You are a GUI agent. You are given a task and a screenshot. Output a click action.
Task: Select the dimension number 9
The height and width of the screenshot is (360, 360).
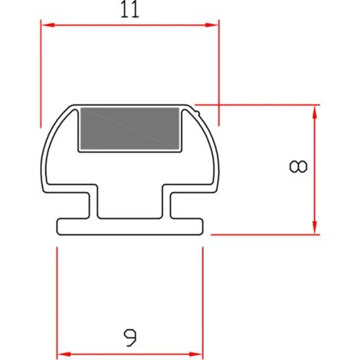pyautogui.click(x=130, y=334)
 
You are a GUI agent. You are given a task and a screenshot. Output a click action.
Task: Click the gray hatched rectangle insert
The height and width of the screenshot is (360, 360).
pyautogui.click(x=130, y=129)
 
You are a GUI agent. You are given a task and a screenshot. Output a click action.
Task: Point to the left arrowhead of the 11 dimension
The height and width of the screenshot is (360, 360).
pyautogui.click(x=45, y=25)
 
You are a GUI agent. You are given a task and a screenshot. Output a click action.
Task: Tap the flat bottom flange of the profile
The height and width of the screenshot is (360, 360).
pyautogui.click(x=130, y=227)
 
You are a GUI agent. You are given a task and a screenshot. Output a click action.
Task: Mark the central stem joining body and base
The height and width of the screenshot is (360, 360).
pyautogui.click(x=130, y=203)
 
